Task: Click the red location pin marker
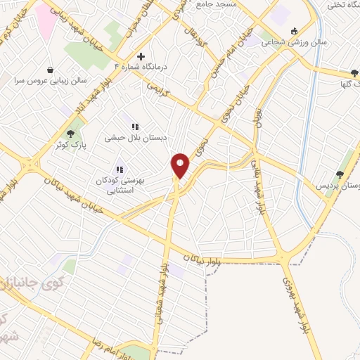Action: pyautogui.click(x=181, y=165)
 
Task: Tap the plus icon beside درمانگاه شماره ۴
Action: pyautogui.click(x=141, y=56)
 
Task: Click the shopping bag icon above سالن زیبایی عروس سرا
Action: pyautogui.click(x=51, y=70)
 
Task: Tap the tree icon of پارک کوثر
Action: pyautogui.click(x=70, y=134)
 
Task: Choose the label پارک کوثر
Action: pyautogui.click(x=70, y=145)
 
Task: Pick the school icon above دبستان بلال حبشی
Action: pyautogui.click(x=134, y=127)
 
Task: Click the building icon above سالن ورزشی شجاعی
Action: pyautogui.click(x=294, y=30)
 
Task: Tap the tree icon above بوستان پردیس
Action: pyautogui.click(x=340, y=174)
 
